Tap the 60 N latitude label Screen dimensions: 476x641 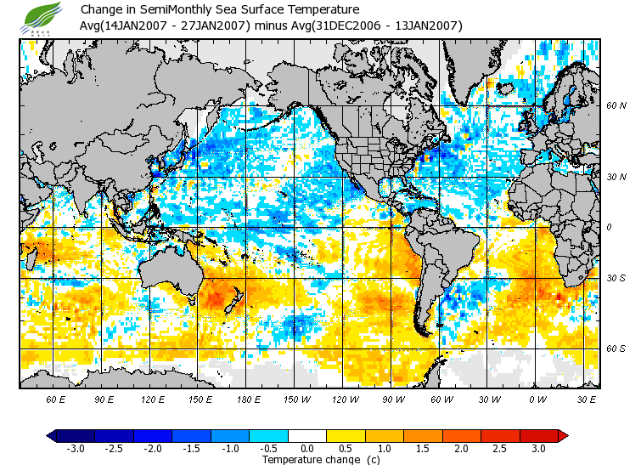pos(616,105)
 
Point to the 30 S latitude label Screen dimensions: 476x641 pos(616,278)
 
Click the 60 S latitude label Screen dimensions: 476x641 pos(616,348)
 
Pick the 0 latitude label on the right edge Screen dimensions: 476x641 pos(609,228)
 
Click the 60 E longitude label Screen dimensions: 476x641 pos(56,399)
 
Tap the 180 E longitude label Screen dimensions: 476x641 pos(249,399)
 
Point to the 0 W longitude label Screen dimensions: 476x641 pos(537,399)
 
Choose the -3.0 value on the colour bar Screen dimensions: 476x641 pos(75,448)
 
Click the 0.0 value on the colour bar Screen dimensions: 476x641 pos(306,448)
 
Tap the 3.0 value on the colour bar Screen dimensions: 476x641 pos(538,448)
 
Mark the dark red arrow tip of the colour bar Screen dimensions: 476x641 pos(563,435)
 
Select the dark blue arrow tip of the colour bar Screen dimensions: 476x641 pos(50,435)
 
